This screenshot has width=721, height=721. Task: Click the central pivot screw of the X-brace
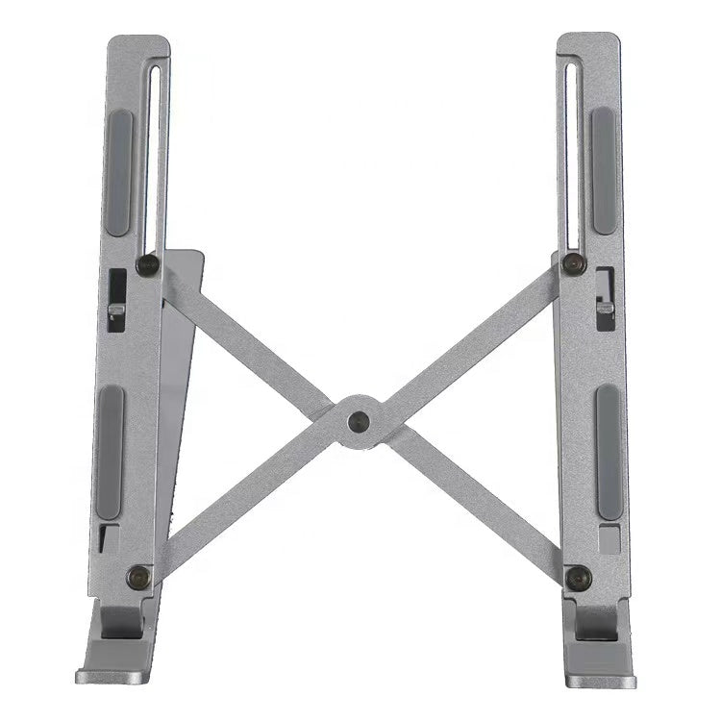pyautogui.click(x=359, y=420)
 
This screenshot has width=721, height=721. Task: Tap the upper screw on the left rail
pyautogui.click(x=147, y=264)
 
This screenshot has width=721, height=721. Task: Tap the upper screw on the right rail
pyautogui.click(x=574, y=262)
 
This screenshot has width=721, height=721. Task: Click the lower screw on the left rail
pyautogui.click(x=138, y=577)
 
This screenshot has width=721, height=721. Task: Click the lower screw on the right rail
pyautogui.click(x=579, y=578)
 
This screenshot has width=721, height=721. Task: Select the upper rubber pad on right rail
pyautogui.click(x=604, y=170)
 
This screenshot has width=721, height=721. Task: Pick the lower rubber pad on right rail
pyautogui.click(x=609, y=452)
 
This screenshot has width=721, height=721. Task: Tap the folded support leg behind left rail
pyautogui.click(x=178, y=404)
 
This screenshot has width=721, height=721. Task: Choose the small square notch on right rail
pyautogui.click(x=609, y=537)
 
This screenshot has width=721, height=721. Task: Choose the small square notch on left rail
pyautogui.click(x=109, y=538)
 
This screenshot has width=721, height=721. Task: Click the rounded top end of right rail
pyautogui.click(x=588, y=41)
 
